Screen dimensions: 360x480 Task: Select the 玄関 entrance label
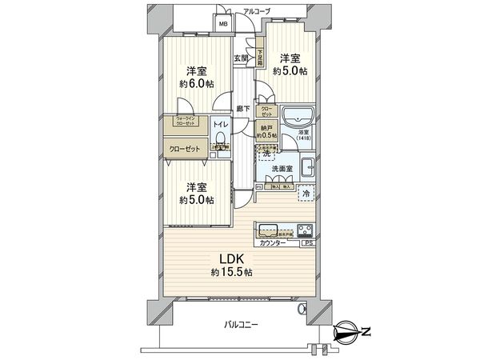click(241, 58)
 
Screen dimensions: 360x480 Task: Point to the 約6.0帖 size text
click(196, 83)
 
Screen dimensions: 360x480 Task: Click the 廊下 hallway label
click(241, 109)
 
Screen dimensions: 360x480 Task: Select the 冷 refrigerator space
click(306, 194)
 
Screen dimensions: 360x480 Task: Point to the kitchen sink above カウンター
click(267, 227)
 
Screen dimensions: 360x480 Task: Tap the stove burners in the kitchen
click(306, 231)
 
